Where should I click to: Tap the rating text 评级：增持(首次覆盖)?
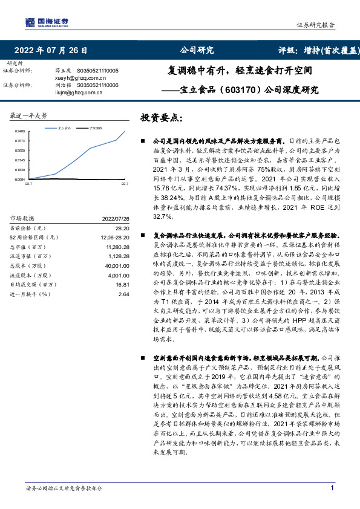(319, 50)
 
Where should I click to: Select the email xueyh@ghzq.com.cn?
(77, 78)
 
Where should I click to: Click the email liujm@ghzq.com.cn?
(76, 93)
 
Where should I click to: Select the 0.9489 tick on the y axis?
(20, 131)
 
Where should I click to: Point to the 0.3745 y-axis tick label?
(20, 160)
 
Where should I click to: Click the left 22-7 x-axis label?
(28, 183)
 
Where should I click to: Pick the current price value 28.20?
(123, 229)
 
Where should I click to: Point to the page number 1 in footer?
(332, 488)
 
